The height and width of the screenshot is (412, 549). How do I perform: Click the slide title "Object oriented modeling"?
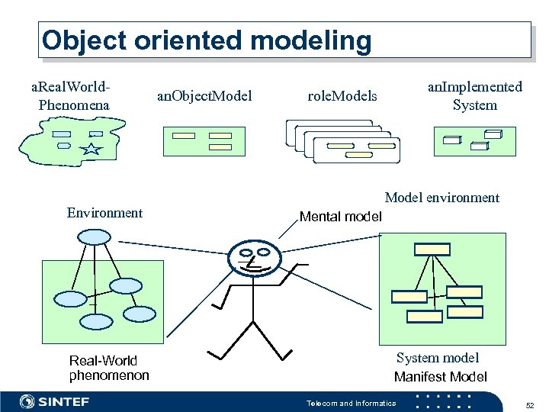(x=207, y=40)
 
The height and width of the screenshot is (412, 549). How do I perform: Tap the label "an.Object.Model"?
(x=204, y=96)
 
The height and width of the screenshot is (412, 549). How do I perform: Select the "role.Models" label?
(x=342, y=96)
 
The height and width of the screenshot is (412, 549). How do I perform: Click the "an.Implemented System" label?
(x=474, y=96)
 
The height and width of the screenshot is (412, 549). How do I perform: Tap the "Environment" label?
(x=104, y=213)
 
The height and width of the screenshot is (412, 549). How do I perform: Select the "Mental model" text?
(x=340, y=217)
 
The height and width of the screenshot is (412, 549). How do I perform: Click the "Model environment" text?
(x=441, y=198)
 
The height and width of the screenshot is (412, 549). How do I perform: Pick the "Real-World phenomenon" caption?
(x=108, y=368)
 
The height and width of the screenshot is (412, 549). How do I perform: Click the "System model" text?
(x=437, y=358)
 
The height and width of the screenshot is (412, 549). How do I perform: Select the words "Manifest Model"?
(x=440, y=377)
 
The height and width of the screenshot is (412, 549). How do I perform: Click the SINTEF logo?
(x=55, y=401)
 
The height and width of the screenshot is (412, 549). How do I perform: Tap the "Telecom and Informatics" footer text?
(x=351, y=403)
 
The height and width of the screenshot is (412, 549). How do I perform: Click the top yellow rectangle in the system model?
(x=432, y=249)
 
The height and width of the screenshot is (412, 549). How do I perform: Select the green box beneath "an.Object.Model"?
(x=201, y=141)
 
